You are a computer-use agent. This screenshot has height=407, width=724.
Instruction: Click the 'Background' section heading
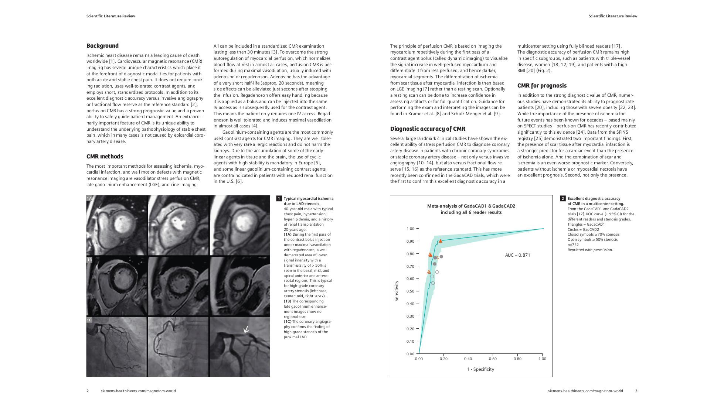coord(102,46)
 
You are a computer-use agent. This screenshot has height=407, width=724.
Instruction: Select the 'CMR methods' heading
coord(105,157)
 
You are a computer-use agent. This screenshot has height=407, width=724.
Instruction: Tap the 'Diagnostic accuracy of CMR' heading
coord(428,129)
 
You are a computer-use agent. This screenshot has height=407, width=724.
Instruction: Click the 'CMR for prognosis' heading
coord(541,86)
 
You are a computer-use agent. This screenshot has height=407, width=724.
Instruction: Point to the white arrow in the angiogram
coord(246,329)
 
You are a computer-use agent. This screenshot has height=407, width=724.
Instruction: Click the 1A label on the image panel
coord(89,199)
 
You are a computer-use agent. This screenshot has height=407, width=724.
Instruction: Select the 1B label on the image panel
coord(89,260)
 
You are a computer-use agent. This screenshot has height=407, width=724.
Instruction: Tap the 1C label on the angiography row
coord(89,320)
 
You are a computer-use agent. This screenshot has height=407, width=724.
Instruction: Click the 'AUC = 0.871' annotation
coord(517,255)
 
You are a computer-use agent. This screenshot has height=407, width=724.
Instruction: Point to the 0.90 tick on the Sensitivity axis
coord(410,241)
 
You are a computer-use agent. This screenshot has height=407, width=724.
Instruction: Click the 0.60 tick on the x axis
coord(493,359)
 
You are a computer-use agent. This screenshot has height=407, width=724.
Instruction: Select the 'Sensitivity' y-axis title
coord(397,291)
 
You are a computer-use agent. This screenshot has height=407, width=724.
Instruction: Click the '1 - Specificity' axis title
coord(480,369)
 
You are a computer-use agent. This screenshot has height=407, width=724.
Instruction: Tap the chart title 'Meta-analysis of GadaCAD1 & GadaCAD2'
coord(471,206)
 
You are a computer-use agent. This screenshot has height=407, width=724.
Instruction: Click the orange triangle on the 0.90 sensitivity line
coord(440,241)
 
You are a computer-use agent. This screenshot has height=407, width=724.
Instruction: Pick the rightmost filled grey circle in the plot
coord(441,257)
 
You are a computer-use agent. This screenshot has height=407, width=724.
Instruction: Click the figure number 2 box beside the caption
coord(562,199)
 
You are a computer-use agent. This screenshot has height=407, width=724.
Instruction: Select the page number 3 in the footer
coord(636,391)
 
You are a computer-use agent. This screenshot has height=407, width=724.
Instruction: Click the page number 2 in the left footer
coord(88,391)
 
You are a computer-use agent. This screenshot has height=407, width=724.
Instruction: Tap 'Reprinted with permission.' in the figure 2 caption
coord(590,250)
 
